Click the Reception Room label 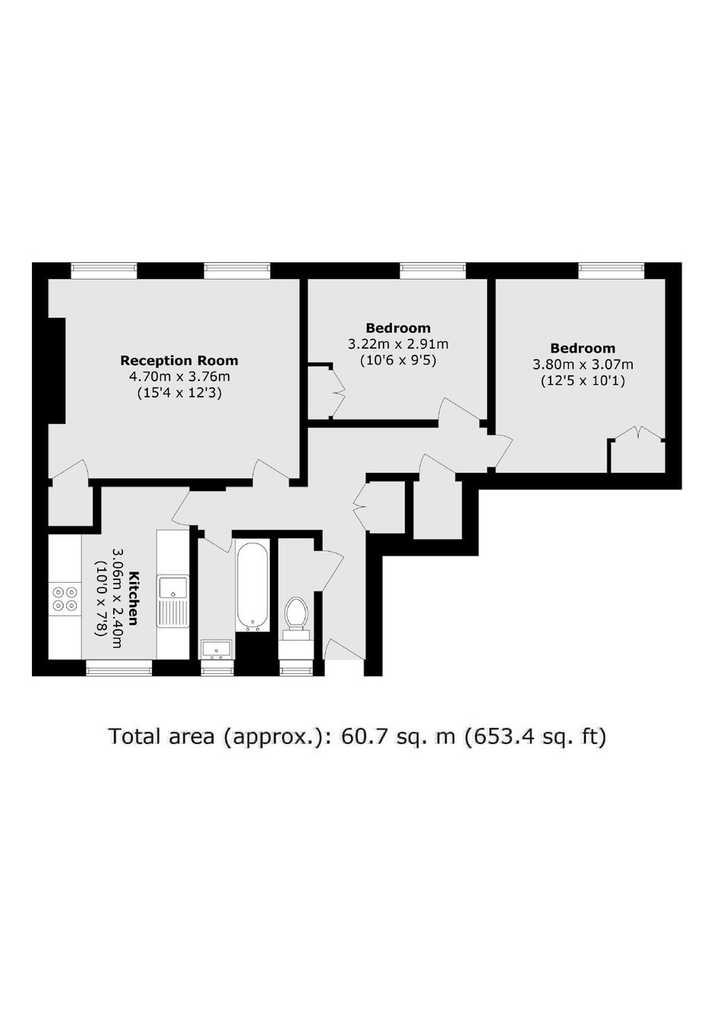pyautogui.click(x=179, y=361)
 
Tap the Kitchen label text pyautogui.click(x=134, y=598)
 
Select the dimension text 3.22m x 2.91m pyautogui.click(x=398, y=344)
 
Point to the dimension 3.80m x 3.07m pyautogui.click(x=583, y=364)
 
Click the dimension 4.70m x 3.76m pyautogui.click(x=179, y=376)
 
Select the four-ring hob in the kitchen pyautogui.click(x=65, y=598)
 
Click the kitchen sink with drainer pyautogui.click(x=173, y=601)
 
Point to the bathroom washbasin pyautogui.click(x=217, y=650)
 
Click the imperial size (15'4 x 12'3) pyautogui.click(x=179, y=393)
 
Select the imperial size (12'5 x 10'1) pyautogui.click(x=583, y=381)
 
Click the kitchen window pyautogui.click(x=119, y=667)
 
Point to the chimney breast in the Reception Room pyautogui.click(x=57, y=370)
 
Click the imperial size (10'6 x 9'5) pyautogui.click(x=398, y=361)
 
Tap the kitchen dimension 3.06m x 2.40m pyautogui.click(x=117, y=598)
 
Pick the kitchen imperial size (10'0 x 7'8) pyautogui.click(x=101, y=598)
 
